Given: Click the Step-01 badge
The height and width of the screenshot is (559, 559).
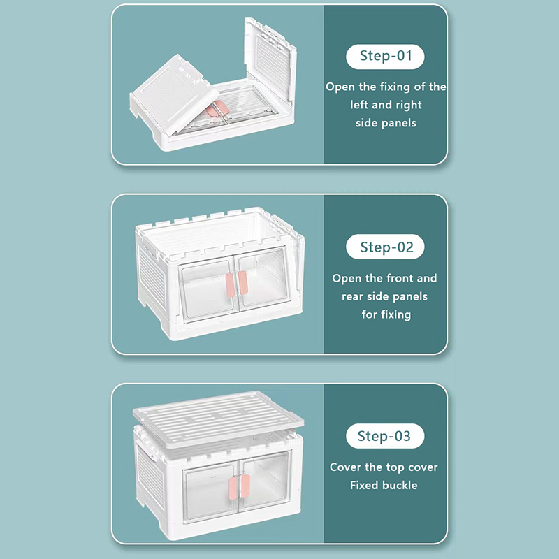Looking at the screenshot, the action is [x=385, y=57].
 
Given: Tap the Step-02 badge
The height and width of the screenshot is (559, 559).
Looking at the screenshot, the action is [x=385, y=247].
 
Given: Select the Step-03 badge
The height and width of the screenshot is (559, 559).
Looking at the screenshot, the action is [x=385, y=435].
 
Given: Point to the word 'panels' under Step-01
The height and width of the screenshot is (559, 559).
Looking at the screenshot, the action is [x=399, y=123].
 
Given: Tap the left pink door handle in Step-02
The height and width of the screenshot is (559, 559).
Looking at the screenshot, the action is [x=230, y=284].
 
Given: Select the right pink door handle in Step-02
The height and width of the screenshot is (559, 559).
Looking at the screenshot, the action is [x=242, y=283].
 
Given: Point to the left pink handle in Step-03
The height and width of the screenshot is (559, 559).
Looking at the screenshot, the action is [x=233, y=488].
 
